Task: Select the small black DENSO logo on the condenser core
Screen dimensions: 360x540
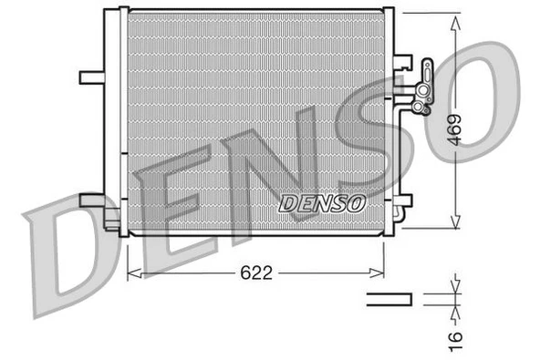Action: pos(321,201)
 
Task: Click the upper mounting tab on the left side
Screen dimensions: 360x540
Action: pos(93,76)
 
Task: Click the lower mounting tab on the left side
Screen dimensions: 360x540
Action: pos(92,200)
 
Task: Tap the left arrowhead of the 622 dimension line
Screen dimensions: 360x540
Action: pos(130,272)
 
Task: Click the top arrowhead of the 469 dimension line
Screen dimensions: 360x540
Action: pos(454,17)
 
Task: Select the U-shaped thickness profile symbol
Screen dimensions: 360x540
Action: pos(389,298)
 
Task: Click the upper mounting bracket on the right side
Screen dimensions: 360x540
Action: pos(402,65)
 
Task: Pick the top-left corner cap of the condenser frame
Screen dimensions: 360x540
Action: pos(115,12)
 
